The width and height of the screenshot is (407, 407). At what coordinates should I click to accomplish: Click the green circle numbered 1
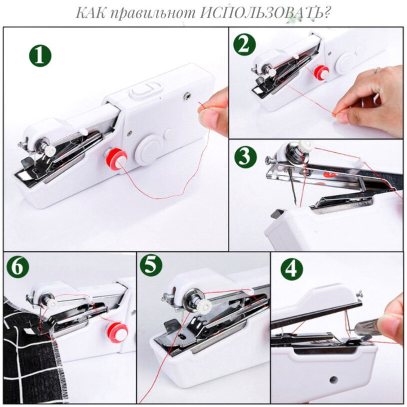click(x=40, y=56)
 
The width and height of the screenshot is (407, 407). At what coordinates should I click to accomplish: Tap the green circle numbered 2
click(x=245, y=44)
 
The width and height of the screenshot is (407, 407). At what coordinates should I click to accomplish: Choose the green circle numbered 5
click(x=151, y=265)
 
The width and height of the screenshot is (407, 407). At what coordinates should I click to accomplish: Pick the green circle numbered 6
click(x=18, y=266)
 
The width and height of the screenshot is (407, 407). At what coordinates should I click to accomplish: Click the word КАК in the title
click(x=90, y=12)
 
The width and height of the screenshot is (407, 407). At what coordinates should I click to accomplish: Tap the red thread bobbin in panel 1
click(x=117, y=159)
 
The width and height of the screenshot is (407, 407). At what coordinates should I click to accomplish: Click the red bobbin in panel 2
click(x=321, y=72)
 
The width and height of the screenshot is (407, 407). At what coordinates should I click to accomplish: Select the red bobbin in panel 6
click(x=117, y=332)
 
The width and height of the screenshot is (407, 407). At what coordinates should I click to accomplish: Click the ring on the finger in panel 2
click(x=378, y=70)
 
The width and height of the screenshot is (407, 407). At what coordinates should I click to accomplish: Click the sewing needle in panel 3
click(x=293, y=186)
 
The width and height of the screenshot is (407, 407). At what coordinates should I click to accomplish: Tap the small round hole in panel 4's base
click(x=334, y=380)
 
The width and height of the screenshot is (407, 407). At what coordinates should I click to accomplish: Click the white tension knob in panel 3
click(x=306, y=145)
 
